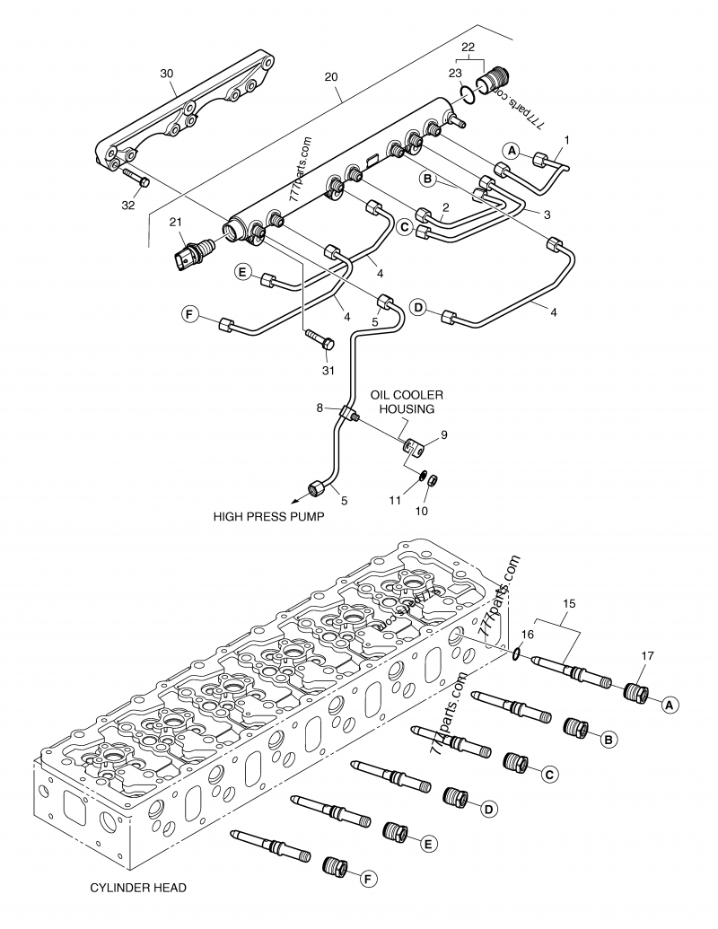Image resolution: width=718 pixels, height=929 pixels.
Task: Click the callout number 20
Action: [x=332, y=77]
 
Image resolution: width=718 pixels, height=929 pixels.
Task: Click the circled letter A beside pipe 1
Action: [x=509, y=153]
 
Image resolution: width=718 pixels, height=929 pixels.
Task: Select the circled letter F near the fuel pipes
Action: [x=189, y=314]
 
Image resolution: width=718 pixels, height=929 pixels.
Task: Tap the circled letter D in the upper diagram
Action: [x=417, y=308]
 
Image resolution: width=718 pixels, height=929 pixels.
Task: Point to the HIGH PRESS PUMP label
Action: [x=268, y=517]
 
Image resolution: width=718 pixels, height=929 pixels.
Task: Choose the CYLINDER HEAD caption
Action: [x=137, y=888]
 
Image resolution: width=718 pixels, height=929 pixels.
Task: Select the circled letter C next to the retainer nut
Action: [x=549, y=772]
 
